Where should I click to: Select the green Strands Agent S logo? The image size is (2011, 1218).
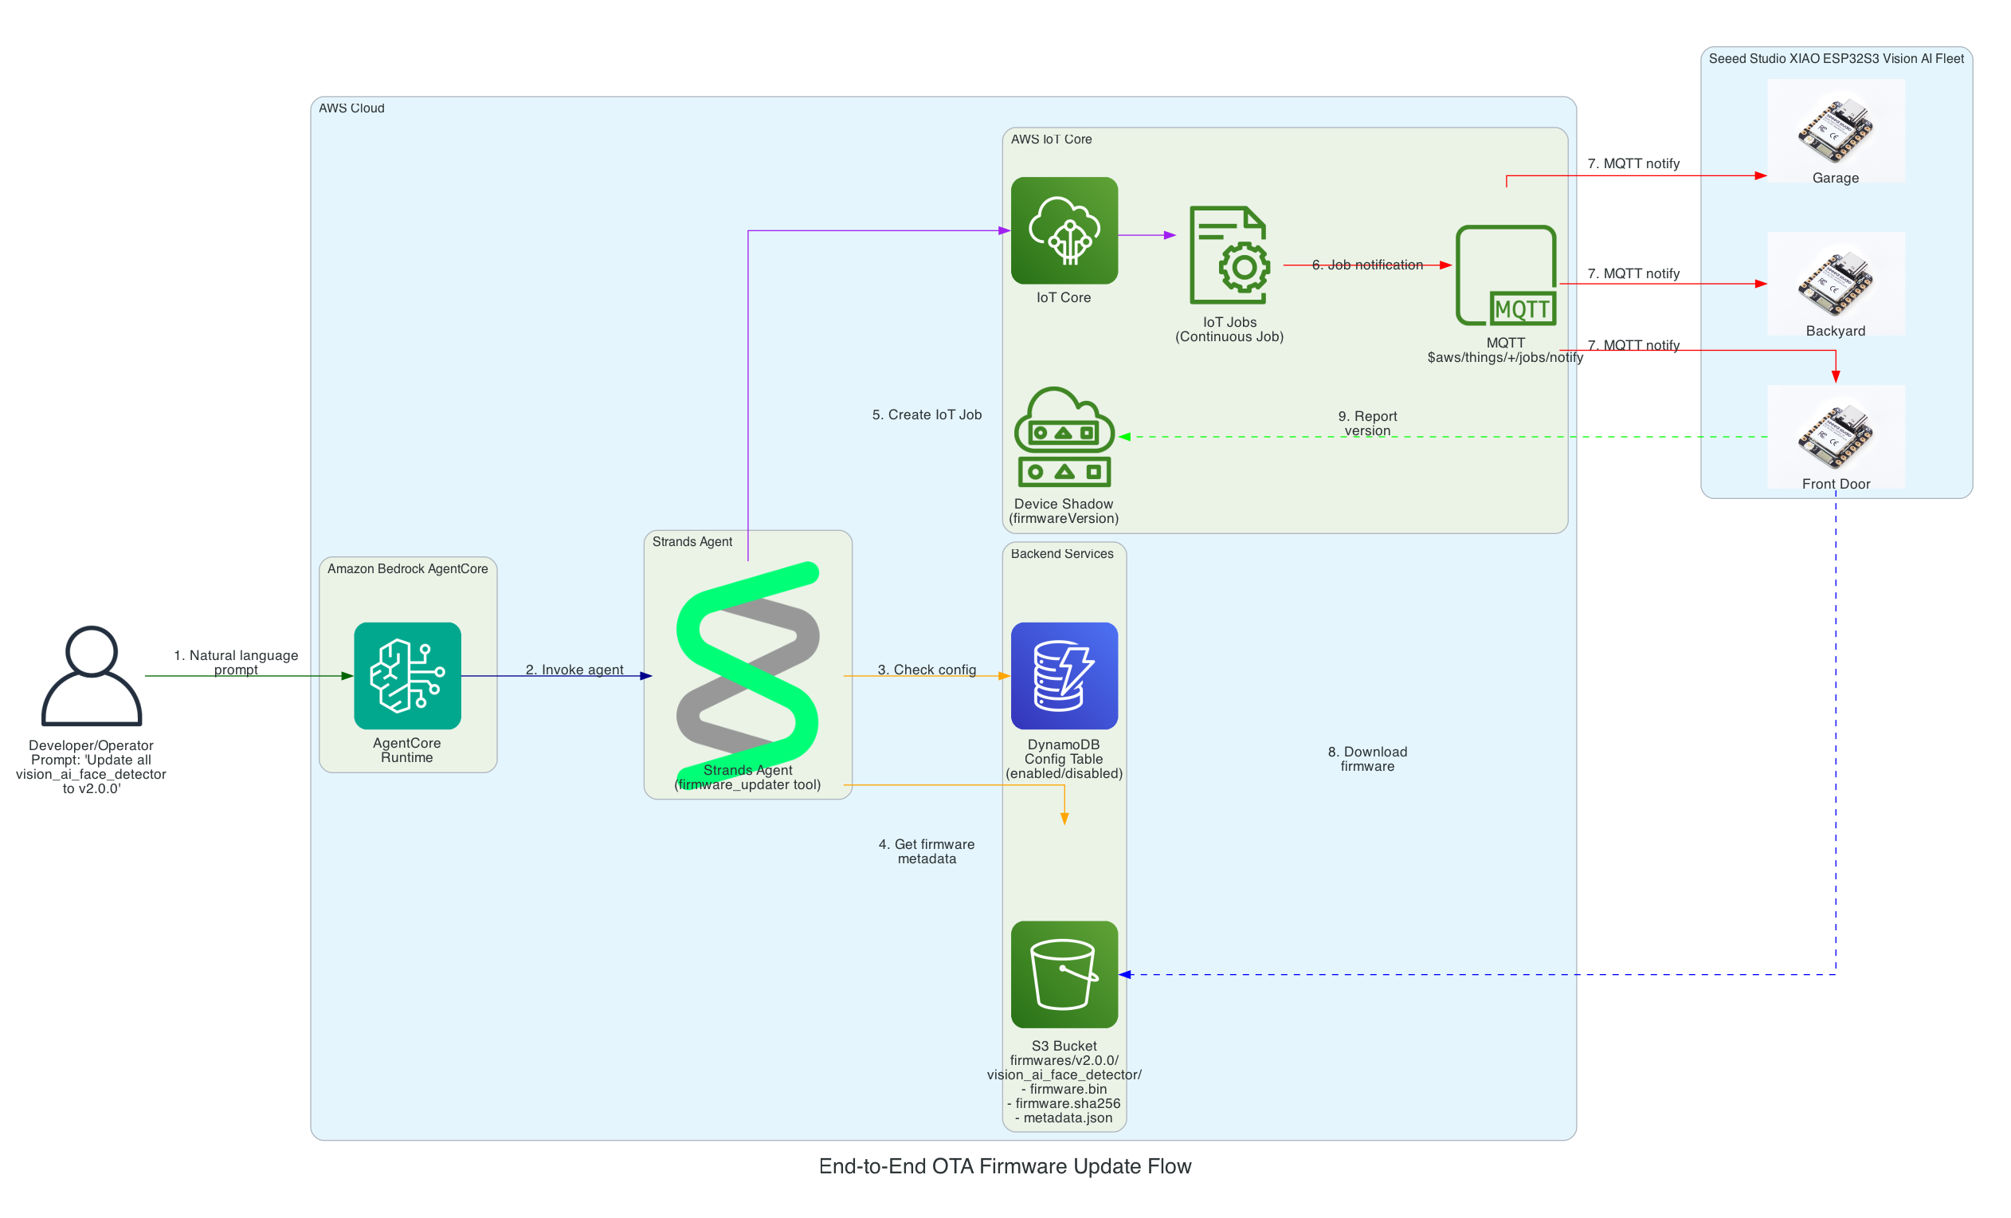click(x=747, y=664)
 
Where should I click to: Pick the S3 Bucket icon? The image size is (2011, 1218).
click(x=1064, y=974)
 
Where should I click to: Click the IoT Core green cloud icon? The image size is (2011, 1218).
click(x=1064, y=230)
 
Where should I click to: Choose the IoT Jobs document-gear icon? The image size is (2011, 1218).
click(x=1229, y=255)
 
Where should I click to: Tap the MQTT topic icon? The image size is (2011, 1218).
click(x=1506, y=275)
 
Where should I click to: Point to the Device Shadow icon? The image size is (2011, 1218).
click(x=1064, y=437)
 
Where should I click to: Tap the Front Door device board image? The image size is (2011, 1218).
click(x=1835, y=436)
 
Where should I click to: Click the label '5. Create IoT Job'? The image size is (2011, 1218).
click(x=927, y=415)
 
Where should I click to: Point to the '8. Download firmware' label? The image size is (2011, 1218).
click(x=1367, y=758)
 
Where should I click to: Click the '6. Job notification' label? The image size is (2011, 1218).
click(x=1367, y=265)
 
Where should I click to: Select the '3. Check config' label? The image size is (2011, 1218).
click(x=927, y=670)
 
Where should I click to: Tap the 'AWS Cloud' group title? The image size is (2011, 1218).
click(x=351, y=108)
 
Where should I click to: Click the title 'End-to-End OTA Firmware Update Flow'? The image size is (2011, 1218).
click(x=1005, y=1165)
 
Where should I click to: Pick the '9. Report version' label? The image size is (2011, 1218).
click(x=1367, y=422)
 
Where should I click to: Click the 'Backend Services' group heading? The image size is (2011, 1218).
click(x=1061, y=553)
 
